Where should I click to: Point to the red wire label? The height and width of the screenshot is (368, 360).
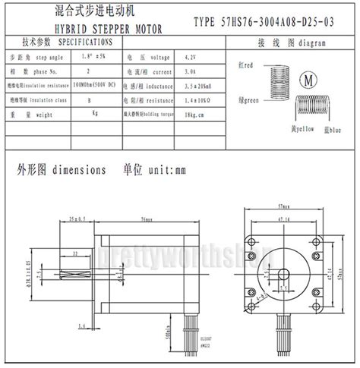(x=245, y=67)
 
